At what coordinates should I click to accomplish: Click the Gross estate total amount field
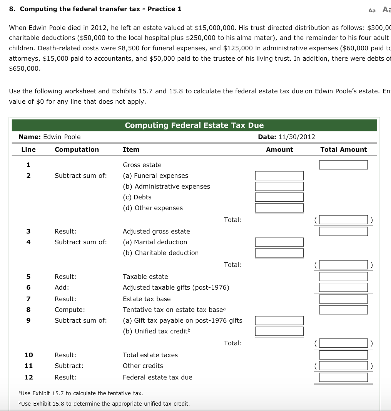click(343, 165)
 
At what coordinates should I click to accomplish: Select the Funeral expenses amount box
click(279, 176)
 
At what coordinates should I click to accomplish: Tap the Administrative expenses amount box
click(279, 186)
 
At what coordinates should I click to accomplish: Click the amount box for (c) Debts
click(279, 197)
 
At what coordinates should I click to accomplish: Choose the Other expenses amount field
click(279, 208)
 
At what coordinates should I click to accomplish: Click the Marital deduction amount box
click(279, 242)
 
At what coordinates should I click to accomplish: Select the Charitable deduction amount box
click(279, 253)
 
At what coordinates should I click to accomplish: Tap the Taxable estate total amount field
click(343, 277)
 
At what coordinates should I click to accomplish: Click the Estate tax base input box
click(343, 299)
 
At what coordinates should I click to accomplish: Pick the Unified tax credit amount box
click(279, 331)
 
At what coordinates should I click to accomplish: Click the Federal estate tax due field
click(343, 377)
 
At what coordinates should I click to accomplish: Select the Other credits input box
click(343, 366)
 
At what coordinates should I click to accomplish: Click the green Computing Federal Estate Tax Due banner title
click(194, 125)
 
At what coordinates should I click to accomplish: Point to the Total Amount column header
click(343, 149)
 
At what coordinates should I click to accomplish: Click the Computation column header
click(77, 149)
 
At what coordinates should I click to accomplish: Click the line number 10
click(28, 355)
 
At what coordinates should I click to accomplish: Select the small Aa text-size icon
click(372, 10)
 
